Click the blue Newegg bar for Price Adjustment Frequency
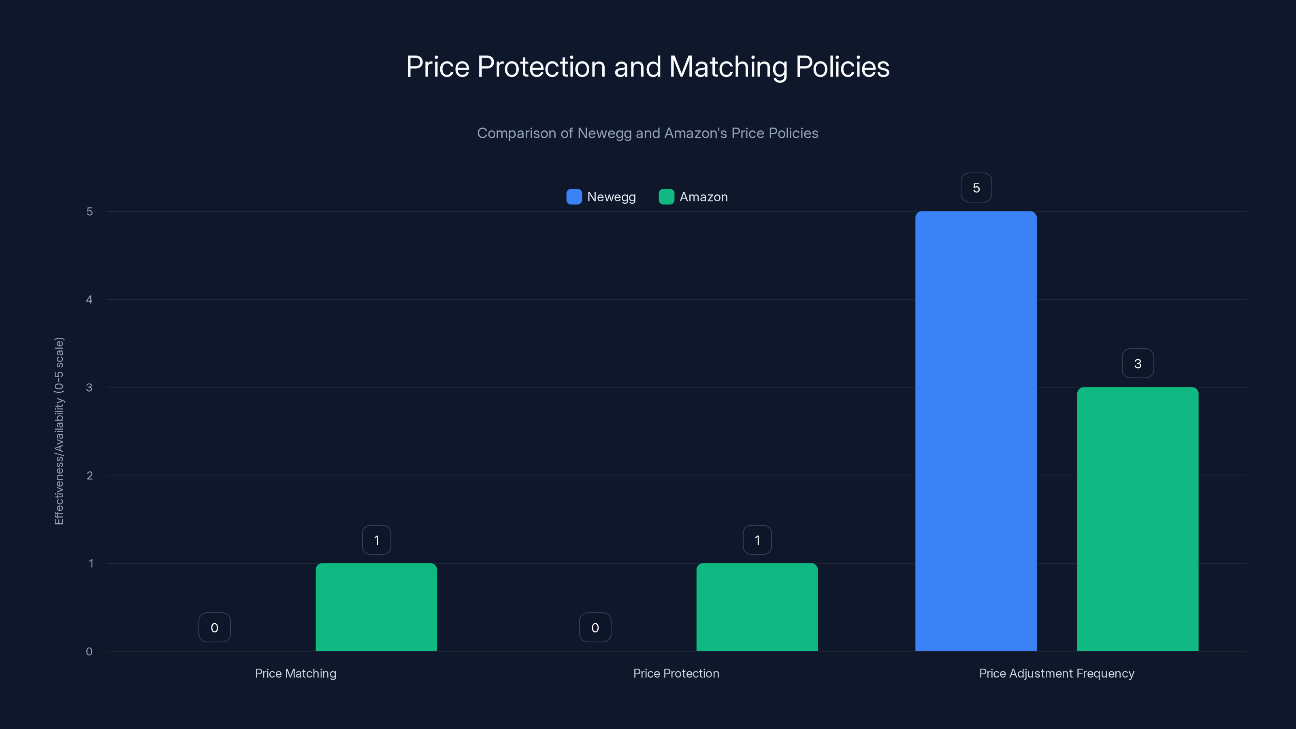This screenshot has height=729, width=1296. click(976, 431)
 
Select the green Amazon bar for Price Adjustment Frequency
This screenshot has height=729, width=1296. click(1138, 519)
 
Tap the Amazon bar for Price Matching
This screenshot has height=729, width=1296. click(376, 607)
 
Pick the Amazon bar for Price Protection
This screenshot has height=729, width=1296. click(757, 607)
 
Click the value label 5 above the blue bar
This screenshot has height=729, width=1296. click(976, 188)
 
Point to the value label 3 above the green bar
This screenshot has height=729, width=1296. click(1138, 363)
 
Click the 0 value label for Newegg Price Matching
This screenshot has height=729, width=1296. click(214, 627)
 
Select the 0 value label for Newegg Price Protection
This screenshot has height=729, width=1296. click(595, 627)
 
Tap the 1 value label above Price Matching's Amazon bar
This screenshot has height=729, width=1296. click(376, 540)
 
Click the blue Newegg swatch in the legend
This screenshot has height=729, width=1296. click(574, 197)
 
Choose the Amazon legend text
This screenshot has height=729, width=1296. click(703, 197)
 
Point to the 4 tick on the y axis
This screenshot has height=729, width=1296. click(90, 300)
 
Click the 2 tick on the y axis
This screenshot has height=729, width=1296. click(90, 475)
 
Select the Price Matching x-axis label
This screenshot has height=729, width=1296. click(295, 673)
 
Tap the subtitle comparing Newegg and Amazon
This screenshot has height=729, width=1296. click(648, 133)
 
